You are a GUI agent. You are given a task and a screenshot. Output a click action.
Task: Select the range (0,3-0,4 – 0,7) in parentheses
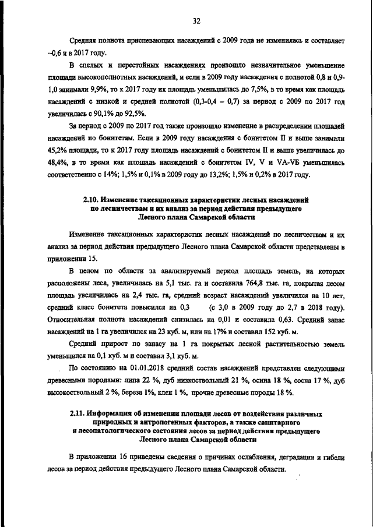point(221,102)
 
